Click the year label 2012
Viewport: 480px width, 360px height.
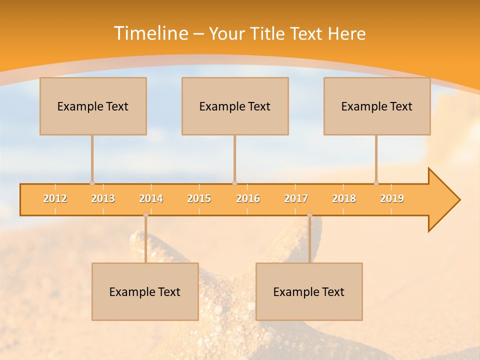pos(55,198)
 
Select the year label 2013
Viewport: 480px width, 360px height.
pos(103,198)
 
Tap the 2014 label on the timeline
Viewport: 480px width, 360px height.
pos(151,198)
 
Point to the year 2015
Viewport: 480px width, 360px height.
pos(199,198)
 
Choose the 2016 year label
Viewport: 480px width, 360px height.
pos(248,198)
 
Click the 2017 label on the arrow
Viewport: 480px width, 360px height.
pos(296,198)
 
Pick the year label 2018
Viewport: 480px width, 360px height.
pos(344,198)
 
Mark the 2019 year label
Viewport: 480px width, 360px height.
pos(392,198)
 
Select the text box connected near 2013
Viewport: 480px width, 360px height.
pos(93,106)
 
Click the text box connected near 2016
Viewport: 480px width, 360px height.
pos(235,106)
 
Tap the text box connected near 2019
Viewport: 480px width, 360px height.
pos(377,106)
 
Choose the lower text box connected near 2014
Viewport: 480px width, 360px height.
pos(145,291)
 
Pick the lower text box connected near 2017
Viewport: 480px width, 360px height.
pos(309,291)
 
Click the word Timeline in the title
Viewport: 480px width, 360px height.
pos(150,33)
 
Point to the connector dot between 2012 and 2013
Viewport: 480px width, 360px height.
pos(92,183)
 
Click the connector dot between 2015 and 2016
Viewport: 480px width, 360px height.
pos(235,183)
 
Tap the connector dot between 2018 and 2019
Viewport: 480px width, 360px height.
pos(376,183)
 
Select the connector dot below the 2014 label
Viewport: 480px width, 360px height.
pos(145,215)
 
